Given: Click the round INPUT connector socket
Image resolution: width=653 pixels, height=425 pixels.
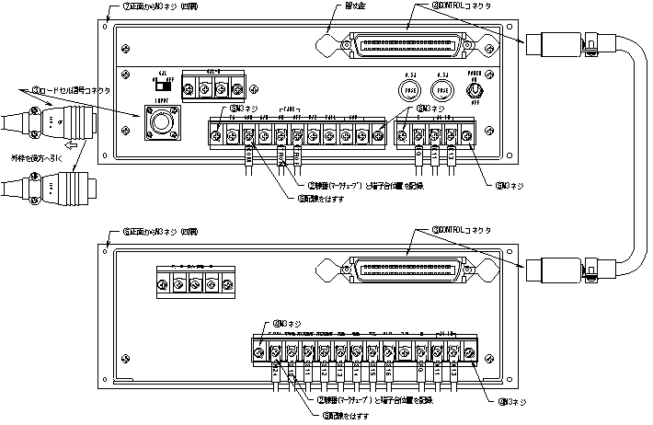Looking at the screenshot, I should click(x=161, y=122).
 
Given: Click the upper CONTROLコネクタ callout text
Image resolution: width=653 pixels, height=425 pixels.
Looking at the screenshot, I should click(x=464, y=6).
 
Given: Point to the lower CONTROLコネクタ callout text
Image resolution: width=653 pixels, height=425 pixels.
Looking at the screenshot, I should click(x=464, y=230).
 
